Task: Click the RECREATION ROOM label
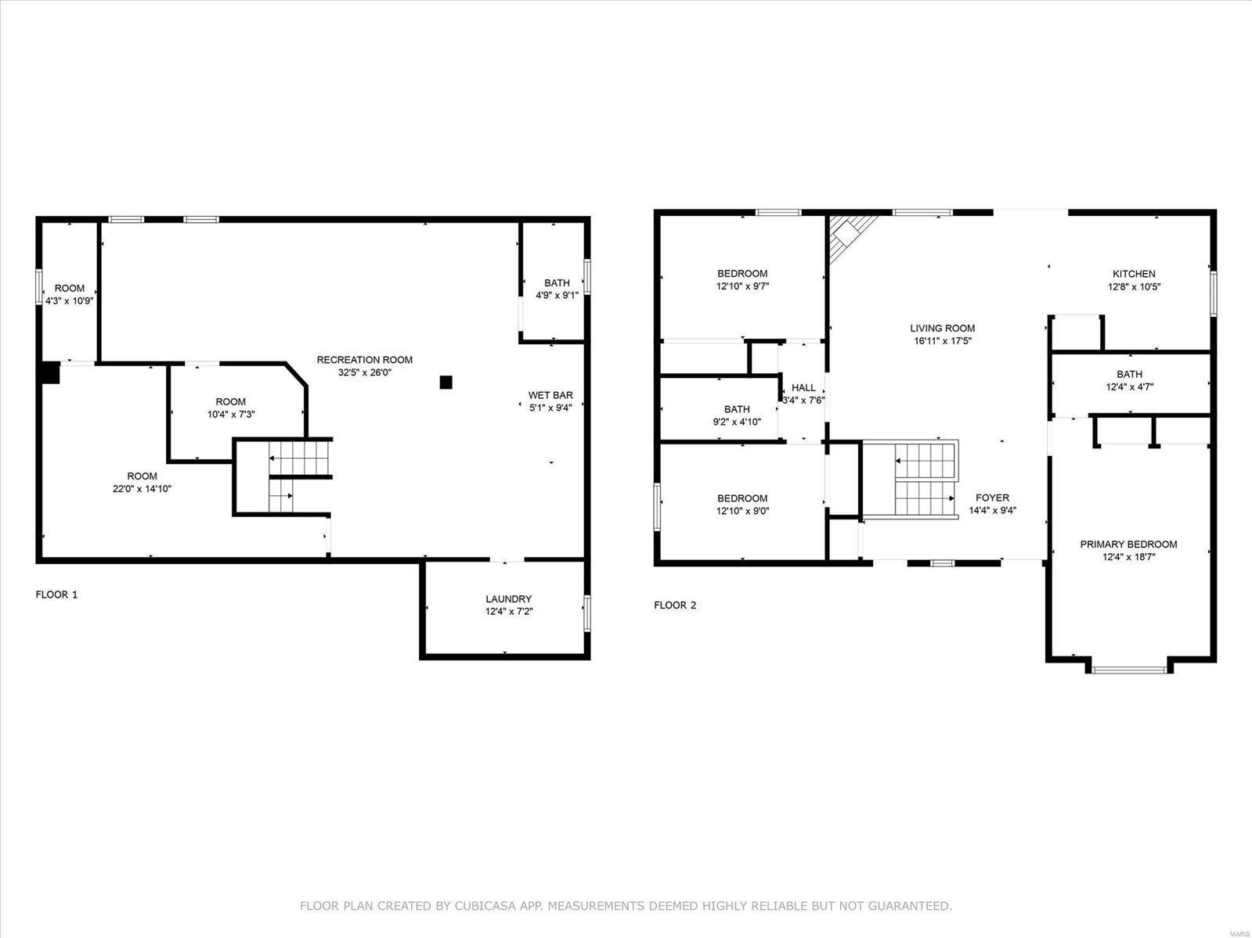[364, 360]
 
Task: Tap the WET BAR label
[550, 395]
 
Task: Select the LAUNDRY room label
[508, 599]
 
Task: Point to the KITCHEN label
[1134, 274]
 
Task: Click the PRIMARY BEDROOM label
[1128, 544]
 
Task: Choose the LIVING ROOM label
[942, 329]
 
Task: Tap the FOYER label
[993, 498]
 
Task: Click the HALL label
[803, 387]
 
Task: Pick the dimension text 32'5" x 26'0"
[364, 372]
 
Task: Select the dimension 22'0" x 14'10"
[142, 488]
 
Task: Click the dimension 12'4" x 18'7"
[1128, 557]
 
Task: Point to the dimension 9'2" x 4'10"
[737, 422]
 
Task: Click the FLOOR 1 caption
[56, 595]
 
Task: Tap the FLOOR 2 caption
[676, 606]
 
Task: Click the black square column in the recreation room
[446, 383]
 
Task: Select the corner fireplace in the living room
[849, 236]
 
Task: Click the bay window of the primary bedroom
[1129, 670]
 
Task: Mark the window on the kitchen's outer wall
[1214, 294]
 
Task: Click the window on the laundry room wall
[587, 613]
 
